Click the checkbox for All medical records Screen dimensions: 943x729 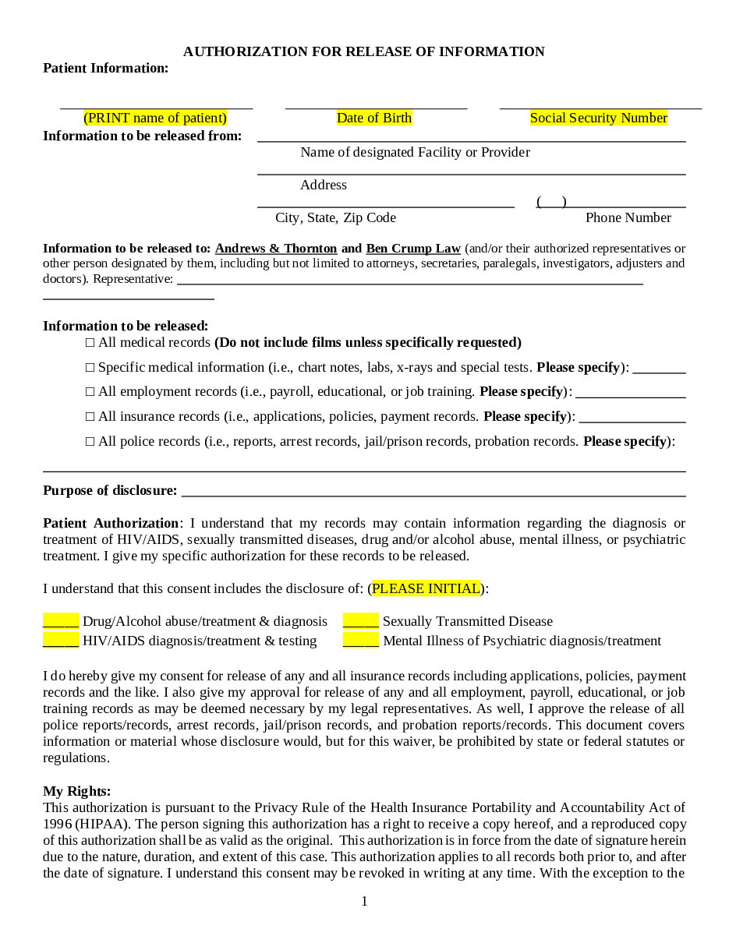(x=90, y=343)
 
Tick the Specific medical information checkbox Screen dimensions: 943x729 (x=90, y=368)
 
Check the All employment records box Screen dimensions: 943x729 (x=90, y=392)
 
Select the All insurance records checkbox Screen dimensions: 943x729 (x=90, y=417)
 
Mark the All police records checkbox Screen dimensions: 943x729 (x=90, y=442)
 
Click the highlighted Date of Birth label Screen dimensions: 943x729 (x=374, y=118)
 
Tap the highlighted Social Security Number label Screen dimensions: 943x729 (x=599, y=118)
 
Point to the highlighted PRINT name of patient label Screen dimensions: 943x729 (x=155, y=118)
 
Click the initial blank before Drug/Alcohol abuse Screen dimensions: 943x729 (x=61, y=621)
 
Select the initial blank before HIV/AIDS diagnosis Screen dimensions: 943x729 (x=61, y=641)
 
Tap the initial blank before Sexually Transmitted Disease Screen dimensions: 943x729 (x=361, y=621)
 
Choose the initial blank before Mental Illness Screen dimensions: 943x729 (x=361, y=641)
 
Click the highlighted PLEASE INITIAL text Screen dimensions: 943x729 (x=426, y=588)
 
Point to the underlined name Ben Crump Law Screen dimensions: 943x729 (x=413, y=249)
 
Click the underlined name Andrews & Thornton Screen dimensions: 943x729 (x=276, y=249)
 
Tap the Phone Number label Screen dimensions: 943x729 (x=628, y=217)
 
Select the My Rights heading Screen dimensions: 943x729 (x=77, y=791)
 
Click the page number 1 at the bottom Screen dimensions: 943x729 (x=364, y=902)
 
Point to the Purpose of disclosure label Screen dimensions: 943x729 (x=110, y=490)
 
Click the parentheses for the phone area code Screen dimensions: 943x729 (x=551, y=202)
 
